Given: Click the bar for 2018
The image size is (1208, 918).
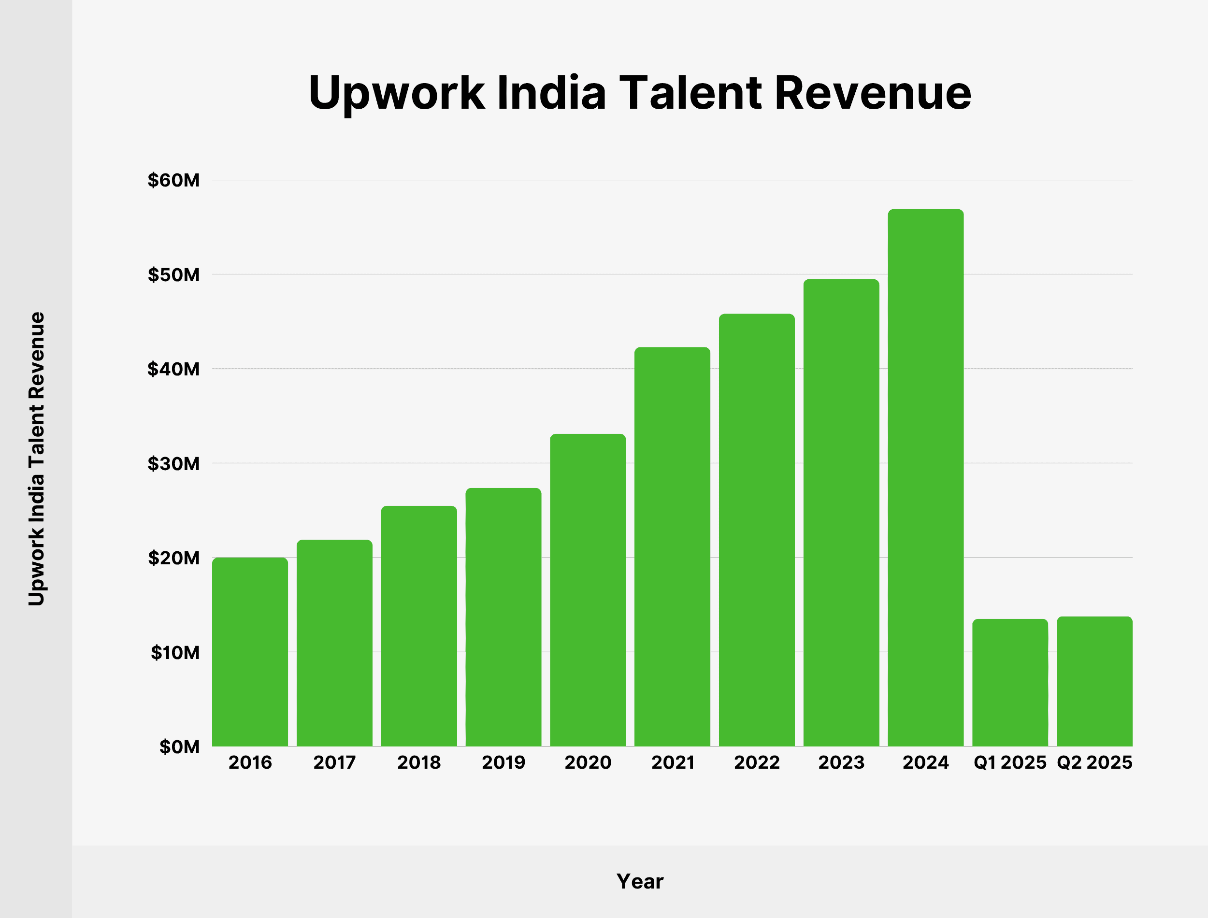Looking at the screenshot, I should (x=419, y=626).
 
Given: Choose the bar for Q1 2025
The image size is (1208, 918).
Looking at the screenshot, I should (x=1010, y=683).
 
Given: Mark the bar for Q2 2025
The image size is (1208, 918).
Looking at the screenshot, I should (x=1094, y=681).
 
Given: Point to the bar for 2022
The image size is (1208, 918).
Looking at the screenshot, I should (x=757, y=530).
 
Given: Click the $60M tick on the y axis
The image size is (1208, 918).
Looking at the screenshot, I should (x=174, y=180).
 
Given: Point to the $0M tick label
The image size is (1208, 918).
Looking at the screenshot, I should (x=179, y=747).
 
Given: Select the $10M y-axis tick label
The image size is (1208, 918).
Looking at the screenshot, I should (x=175, y=652).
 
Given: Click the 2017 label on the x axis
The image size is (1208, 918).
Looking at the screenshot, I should (x=334, y=762).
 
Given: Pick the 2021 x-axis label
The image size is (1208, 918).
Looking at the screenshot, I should (x=673, y=762).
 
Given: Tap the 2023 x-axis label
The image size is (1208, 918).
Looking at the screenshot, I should (x=841, y=762).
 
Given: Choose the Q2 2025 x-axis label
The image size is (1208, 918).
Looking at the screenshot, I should (x=1094, y=762).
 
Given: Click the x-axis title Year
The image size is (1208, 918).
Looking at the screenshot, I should (x=640, y=881).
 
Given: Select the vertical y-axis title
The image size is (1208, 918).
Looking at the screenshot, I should (x=37, y=459).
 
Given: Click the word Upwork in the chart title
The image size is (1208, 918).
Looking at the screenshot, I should (x=396, y=93).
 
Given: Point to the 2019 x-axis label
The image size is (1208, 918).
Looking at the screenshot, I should (x=503, y=762).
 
